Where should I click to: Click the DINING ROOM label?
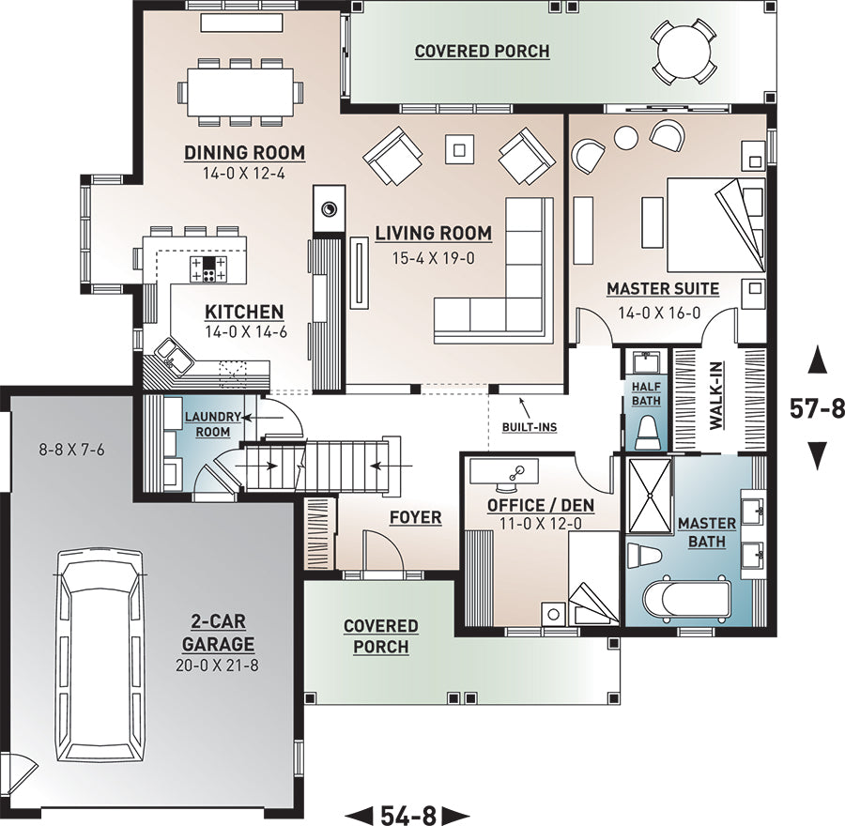pos(245,153)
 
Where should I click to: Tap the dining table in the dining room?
pos(240,92)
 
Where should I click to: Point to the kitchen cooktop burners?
pos(208,268)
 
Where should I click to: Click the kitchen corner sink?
pos(173,355)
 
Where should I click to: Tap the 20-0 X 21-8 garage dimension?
pos(217,665)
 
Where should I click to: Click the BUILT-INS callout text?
pos(530,427)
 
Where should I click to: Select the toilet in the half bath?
pos(647,432)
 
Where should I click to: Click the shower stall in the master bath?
pos(650,496)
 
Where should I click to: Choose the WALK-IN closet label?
pos(715,395)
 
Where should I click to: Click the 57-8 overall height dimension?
pos(817,408)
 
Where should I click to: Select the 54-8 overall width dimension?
pos(408,815)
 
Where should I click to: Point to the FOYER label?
pos(416,517)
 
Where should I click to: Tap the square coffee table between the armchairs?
pos(459,148)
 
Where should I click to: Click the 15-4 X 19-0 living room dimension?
pos(433,258)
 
